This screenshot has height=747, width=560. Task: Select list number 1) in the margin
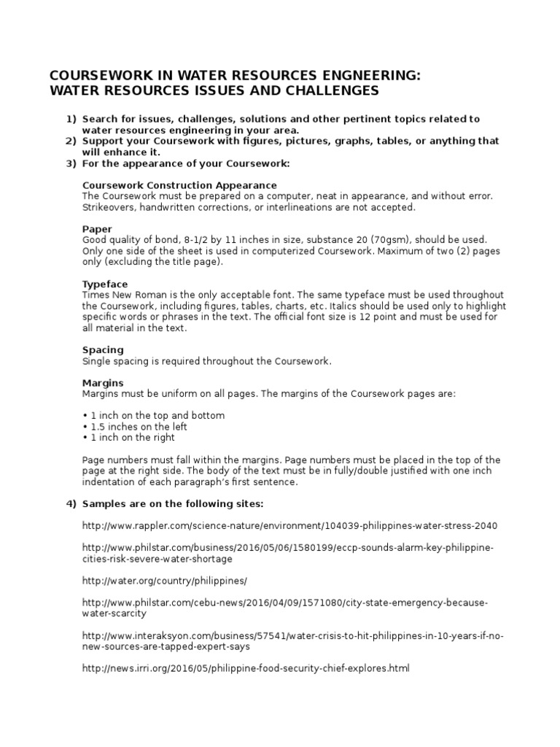tap(71, 119)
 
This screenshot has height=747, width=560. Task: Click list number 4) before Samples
tap(71, 504)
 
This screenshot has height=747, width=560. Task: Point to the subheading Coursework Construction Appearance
tap(179, 185)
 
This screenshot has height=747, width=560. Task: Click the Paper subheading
tap(97, 229)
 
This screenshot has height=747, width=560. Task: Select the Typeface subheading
tap(105, 284)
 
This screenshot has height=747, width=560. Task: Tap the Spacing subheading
tap(103, 349)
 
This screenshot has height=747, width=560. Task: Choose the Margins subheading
tap(103, 382)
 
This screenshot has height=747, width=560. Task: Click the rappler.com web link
tap(289, 526)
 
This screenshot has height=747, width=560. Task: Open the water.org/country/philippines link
tap(165, 581)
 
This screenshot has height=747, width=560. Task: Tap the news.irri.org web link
tap(246, 668)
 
